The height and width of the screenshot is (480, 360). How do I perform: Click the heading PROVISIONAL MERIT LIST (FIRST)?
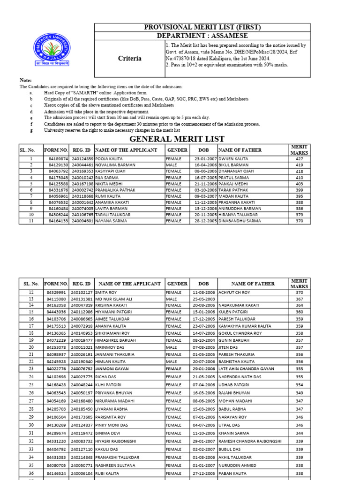point(202,28)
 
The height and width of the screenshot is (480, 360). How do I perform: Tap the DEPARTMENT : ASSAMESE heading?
point(202,36)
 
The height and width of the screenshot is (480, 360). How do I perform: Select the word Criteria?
point(129,59)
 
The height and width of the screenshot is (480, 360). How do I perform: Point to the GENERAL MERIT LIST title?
point(177,139)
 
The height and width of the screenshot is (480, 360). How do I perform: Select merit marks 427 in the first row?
point(299,159)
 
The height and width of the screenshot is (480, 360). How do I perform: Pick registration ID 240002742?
point(82,190)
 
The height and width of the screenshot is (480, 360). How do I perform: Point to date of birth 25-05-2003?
point(204,299)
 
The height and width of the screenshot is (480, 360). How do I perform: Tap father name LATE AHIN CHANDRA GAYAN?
point(247,369)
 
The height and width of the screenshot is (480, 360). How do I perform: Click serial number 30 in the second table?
point(31,425)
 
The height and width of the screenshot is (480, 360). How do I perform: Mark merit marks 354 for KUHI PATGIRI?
point(299,384)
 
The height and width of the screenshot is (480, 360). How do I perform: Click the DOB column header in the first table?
point(204,150)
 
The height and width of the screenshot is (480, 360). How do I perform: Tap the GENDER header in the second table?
point(177,284)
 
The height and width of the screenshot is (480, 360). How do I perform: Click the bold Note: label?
point(25,81)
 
